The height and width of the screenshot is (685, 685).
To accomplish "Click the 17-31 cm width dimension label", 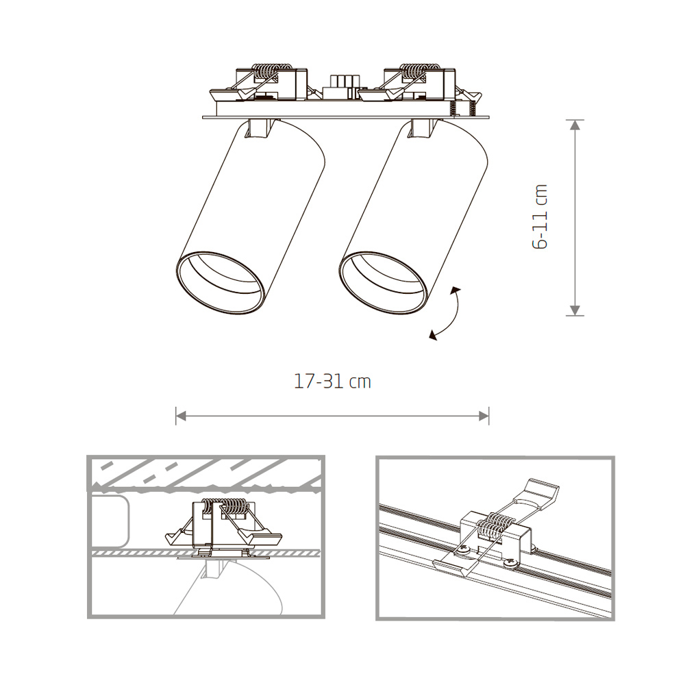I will [x=332, y=382].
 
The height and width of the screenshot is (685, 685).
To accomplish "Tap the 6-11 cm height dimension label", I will [x=540, y=216].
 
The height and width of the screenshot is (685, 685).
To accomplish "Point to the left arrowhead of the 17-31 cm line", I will [x=180, y=415].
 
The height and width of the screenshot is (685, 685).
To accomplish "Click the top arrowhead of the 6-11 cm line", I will [x=575, y=125].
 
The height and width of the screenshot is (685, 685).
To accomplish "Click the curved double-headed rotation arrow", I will [x=447, y=314].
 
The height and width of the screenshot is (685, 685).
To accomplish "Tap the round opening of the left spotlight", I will [x=220, y=283].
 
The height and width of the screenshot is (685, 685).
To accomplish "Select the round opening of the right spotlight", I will [x=384, y=283].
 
